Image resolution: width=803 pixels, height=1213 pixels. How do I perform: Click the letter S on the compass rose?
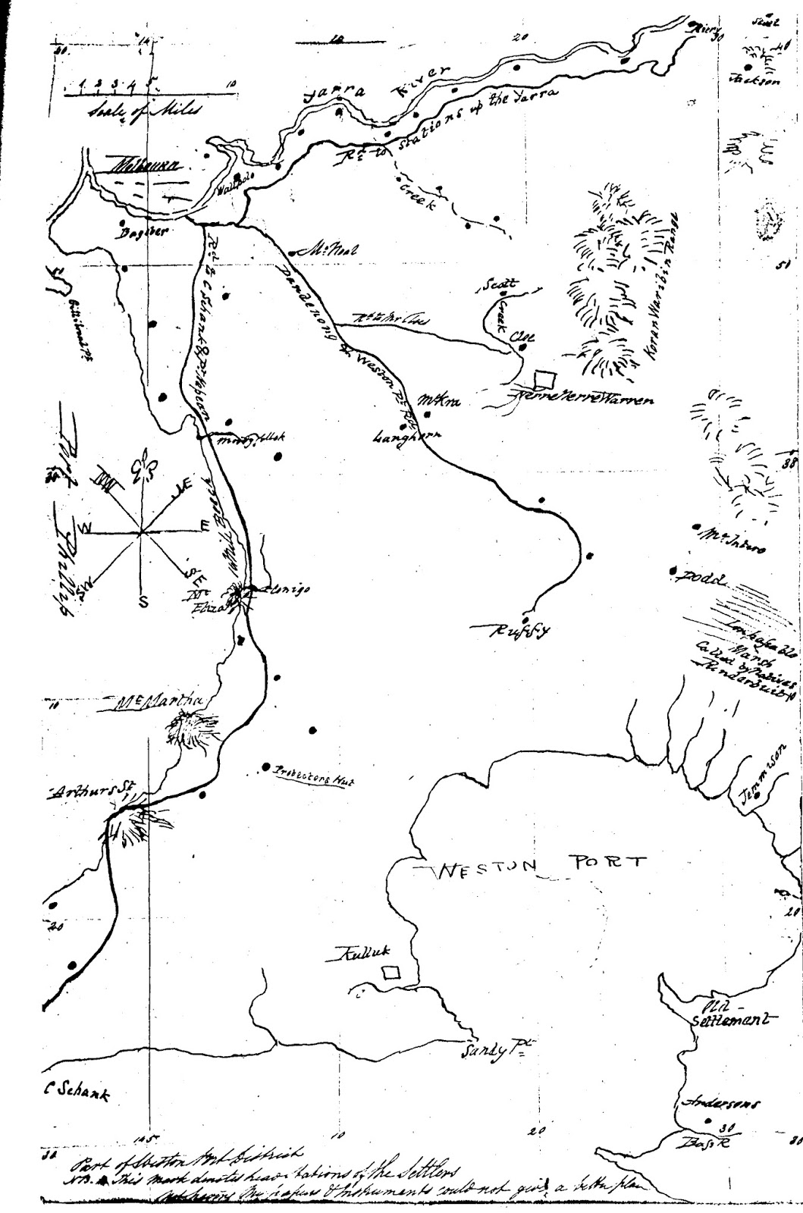coord(143,602)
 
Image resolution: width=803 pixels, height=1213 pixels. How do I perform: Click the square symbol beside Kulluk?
coord(391,973)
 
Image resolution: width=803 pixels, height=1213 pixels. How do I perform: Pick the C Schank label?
coord(76,1094)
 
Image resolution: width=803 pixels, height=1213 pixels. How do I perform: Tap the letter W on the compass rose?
coord(88,527)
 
